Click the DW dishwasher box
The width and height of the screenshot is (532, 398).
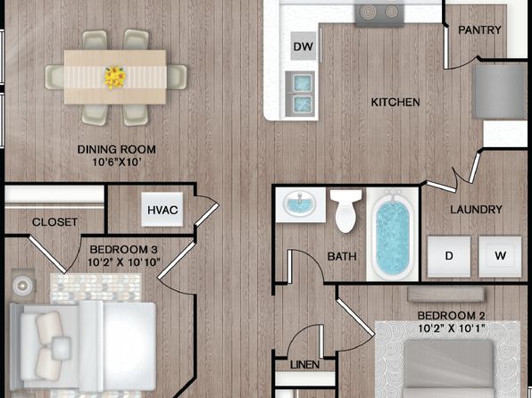click(303, 46)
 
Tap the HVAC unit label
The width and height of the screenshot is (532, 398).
click(162, 210)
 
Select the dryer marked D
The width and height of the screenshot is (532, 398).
click(449, 256)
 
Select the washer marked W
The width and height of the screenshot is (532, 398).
click(500, 256)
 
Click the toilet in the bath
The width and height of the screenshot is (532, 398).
click(345, 211)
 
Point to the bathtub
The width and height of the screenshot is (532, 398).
click(393, 235)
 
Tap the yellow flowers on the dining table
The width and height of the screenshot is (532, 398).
click(115, 78)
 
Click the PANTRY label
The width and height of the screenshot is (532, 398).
click(479, 29)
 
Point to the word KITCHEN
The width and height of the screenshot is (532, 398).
click(395, 102)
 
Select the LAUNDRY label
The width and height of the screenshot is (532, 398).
click(476, 210)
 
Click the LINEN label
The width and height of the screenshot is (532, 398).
click(304, 365)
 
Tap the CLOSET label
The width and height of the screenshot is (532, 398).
click(54, 222)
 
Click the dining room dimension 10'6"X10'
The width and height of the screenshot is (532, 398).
click(116, 162)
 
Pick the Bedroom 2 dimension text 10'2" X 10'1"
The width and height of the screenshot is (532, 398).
click(451, 328)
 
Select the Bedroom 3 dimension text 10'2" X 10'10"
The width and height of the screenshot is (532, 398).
click(124, 262)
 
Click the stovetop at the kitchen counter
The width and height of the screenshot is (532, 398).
click(379, 13)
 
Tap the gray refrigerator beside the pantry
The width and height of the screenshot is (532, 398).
click(500, 91)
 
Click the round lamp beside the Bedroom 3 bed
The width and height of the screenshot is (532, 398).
click(22, 286)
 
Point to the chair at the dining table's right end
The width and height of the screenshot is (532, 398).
click(177, 77)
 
